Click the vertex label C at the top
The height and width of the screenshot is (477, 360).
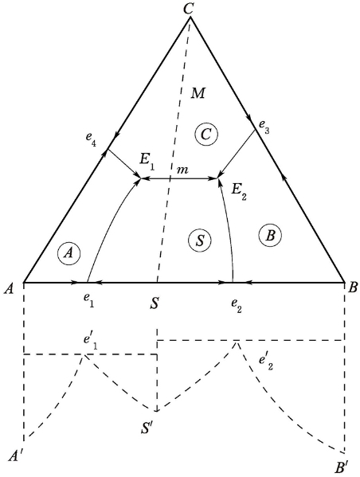click(x=189, y=8)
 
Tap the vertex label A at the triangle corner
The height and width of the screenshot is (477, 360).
click(x=10, y=288)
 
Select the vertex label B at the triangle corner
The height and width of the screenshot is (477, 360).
click(x=352, y=287)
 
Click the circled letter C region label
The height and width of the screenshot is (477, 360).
click(x=206, y=134)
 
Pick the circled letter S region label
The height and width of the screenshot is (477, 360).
click(x=200, y=240)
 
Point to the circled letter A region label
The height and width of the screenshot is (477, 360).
click(x=68, y=253)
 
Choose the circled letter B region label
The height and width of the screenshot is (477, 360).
click(x=270, y=236)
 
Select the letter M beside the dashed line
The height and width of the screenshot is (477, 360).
click(x=198, y=93)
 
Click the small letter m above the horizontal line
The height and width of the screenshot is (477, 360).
click(x=182, y=170)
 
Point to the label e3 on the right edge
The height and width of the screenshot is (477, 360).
click(x=264, y=126)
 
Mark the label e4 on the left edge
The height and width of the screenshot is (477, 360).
click(x=91, y=139)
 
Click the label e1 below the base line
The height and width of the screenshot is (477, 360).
click(x=89, y=300)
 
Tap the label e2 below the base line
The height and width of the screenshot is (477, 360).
click(x=236, y=306)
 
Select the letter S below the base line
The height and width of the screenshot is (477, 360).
click(x=155, y=303)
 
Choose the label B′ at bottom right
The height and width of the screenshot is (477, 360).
click(x=342, y=467)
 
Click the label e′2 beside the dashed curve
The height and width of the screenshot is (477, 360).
click(x=266, y=362)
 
